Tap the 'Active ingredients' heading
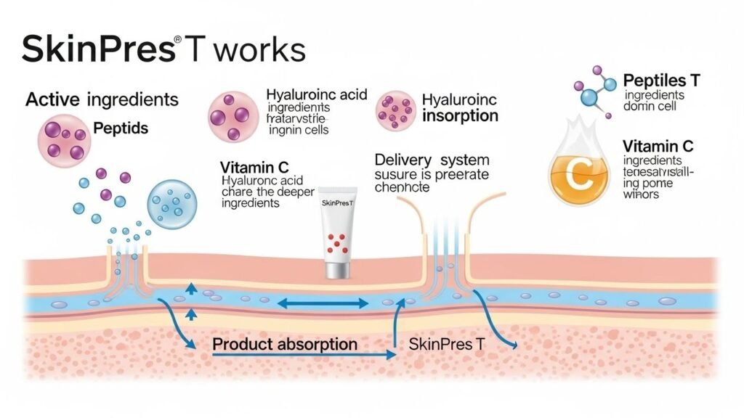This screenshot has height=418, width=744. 102,99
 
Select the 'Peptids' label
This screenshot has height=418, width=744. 121,128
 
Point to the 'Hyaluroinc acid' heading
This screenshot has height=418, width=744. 316,95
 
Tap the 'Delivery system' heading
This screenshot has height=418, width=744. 432,160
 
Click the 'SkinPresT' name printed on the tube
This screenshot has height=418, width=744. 340,202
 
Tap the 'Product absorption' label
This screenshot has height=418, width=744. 285,343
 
